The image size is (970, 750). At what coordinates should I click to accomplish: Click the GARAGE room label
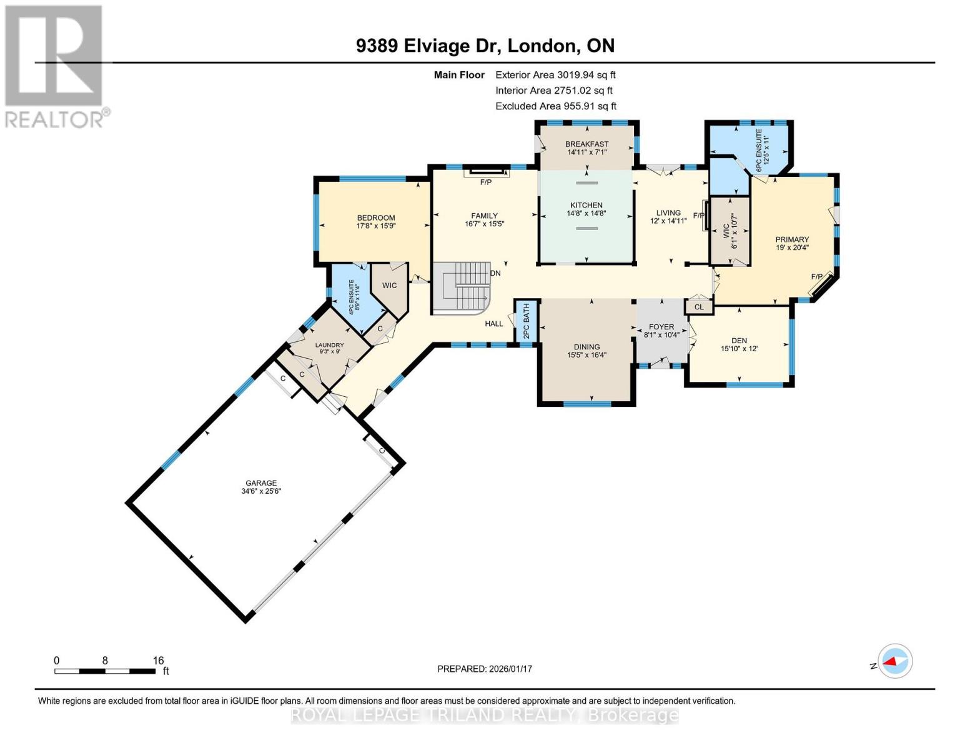[x=260, y=482]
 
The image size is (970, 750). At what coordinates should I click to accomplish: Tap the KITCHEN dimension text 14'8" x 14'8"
[x=586, y=213]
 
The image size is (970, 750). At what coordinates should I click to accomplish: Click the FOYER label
[x=661, y=326]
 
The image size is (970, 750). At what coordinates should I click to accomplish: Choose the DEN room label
[x=739, y=341]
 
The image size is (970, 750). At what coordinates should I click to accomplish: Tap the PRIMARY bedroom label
[x=792, y=239]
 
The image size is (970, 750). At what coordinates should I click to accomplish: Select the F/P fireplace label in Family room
[x=485, y=182]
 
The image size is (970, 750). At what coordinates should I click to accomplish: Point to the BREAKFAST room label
[x=586, y=144]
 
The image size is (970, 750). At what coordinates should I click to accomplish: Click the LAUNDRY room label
[x=329, y=345]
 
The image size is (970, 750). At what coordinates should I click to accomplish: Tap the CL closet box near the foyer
[x=699, y=307]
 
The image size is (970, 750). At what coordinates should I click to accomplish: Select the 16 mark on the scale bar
[x=158, y=660]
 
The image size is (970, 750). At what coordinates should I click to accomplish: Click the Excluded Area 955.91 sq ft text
[x=555, y=106]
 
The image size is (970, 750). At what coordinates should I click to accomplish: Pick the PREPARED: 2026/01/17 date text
[x=484, y=669]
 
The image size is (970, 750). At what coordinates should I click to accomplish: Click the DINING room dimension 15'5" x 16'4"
[x=586, y=355]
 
